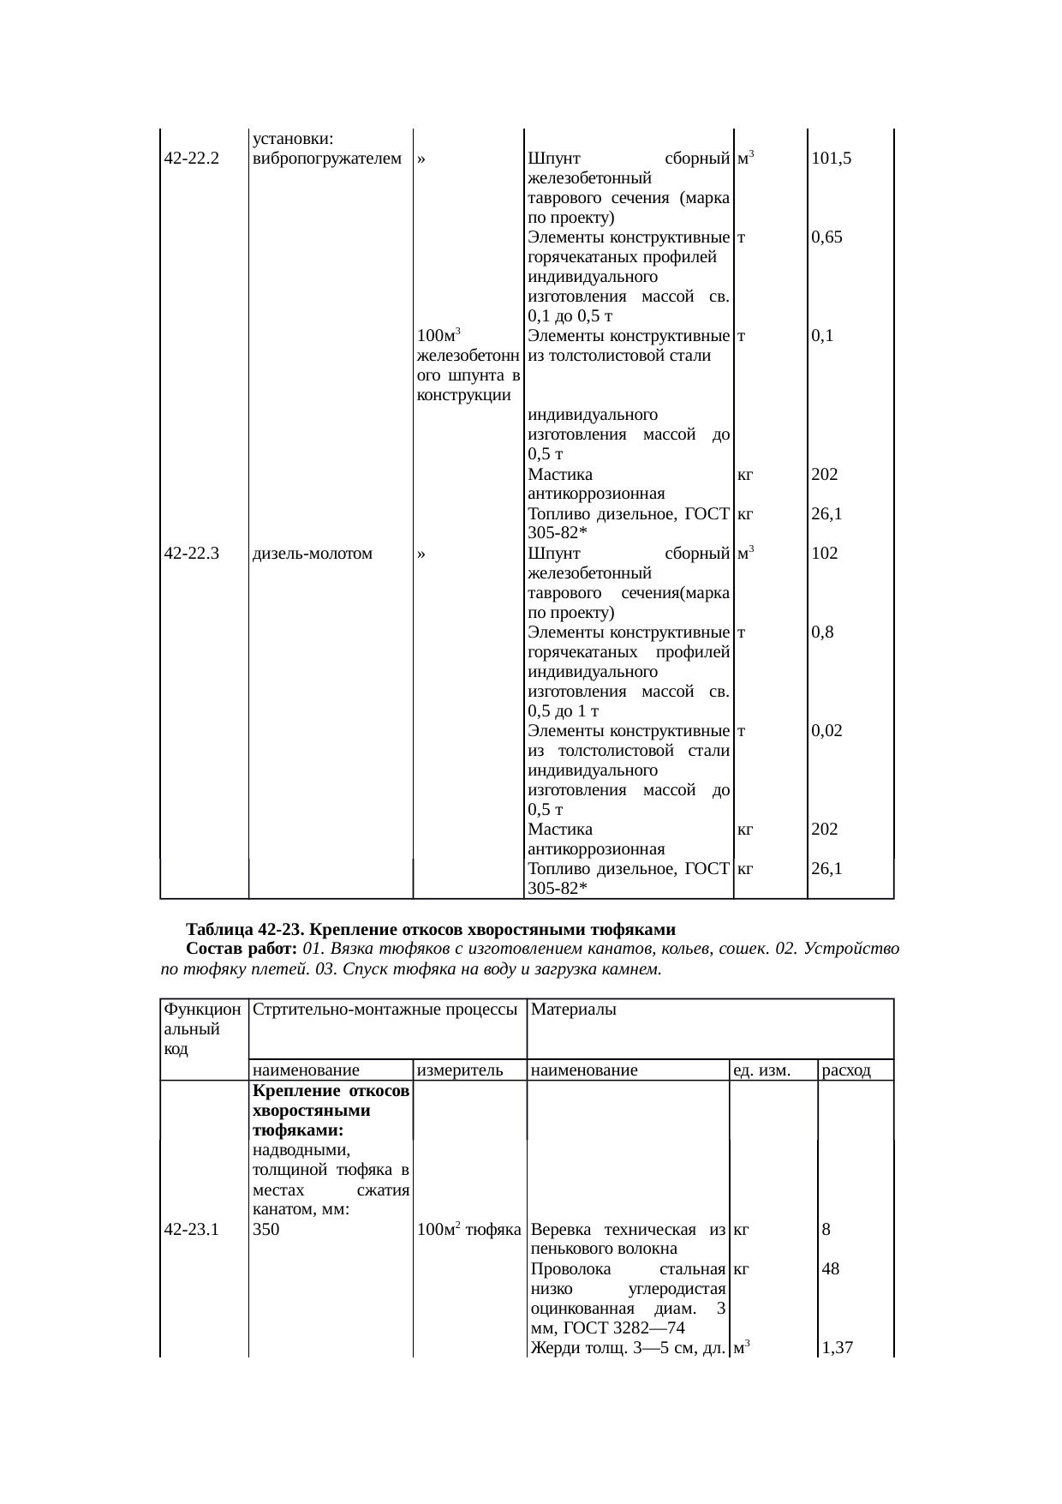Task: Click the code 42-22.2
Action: click(x=191, y=159)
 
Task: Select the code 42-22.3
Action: click(x=192, y=554)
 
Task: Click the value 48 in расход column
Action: click(x=830, y=1270)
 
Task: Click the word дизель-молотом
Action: click(x=313, y=554)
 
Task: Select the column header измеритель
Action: click(x=457, y=1070)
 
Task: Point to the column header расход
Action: click(x=846, y=1070)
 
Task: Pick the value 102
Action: click(x=825, y=554)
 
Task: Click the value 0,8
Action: click(x=823, y=632)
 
